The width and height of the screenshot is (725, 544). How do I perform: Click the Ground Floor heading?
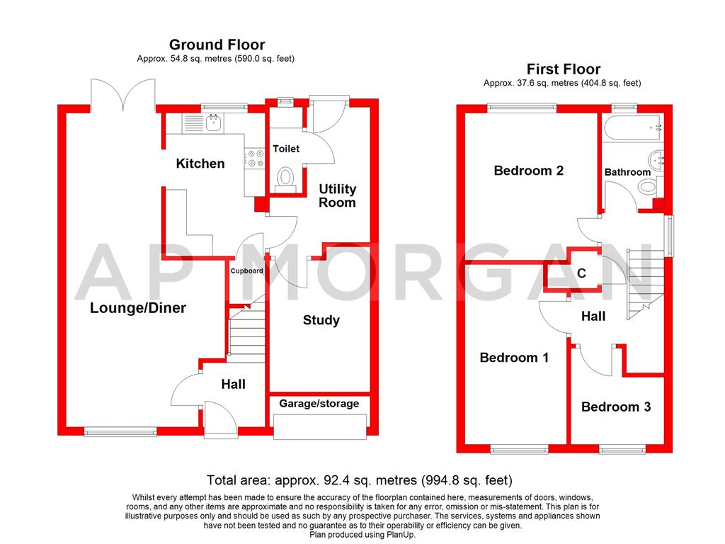pyautogui.click(x=217, y=45)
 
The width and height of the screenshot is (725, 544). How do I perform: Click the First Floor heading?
pyautogui.click(x=563, y=69)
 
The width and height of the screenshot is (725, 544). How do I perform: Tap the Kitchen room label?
pyautogui.click(x=200, y=164)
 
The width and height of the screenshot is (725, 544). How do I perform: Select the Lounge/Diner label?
pyautogui.click(x=138, y=308)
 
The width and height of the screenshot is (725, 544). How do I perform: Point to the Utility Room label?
pyautogui.click(x=337, y=195)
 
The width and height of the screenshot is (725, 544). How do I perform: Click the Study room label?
pyautogui.click(x=321, y=320)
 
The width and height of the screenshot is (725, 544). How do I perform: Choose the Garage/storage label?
pyautogui.click(x=319, y=404)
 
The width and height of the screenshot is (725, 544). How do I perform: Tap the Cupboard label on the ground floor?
pyautogui.click(x=246, y=271)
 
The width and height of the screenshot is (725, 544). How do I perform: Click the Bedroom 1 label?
pyautogui.click(x=514, y=358)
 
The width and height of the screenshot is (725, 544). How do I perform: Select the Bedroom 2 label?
pyautogui.click(x=528, y=171)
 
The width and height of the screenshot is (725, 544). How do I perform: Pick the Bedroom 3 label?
pyautogui.click(x=616, y=407)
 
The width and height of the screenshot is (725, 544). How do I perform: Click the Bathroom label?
pyautogui.click(x=627, y=172)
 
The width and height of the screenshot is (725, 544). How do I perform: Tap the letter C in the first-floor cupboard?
pyautogui.click(x=581, y=273)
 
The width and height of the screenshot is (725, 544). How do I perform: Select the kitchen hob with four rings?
pyautogui.click(x=251, y=158)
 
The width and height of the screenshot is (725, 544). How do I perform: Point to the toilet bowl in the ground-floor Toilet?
pyautogui.click(x=286, y=176)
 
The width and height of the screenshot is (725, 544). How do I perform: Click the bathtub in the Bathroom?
pyautogui.click(x=633, y=128)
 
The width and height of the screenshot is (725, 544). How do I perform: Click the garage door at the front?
pyautogui.click(x=320, y=426)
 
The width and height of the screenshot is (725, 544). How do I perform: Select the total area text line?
pyautogui.click(x=358, y=480)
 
